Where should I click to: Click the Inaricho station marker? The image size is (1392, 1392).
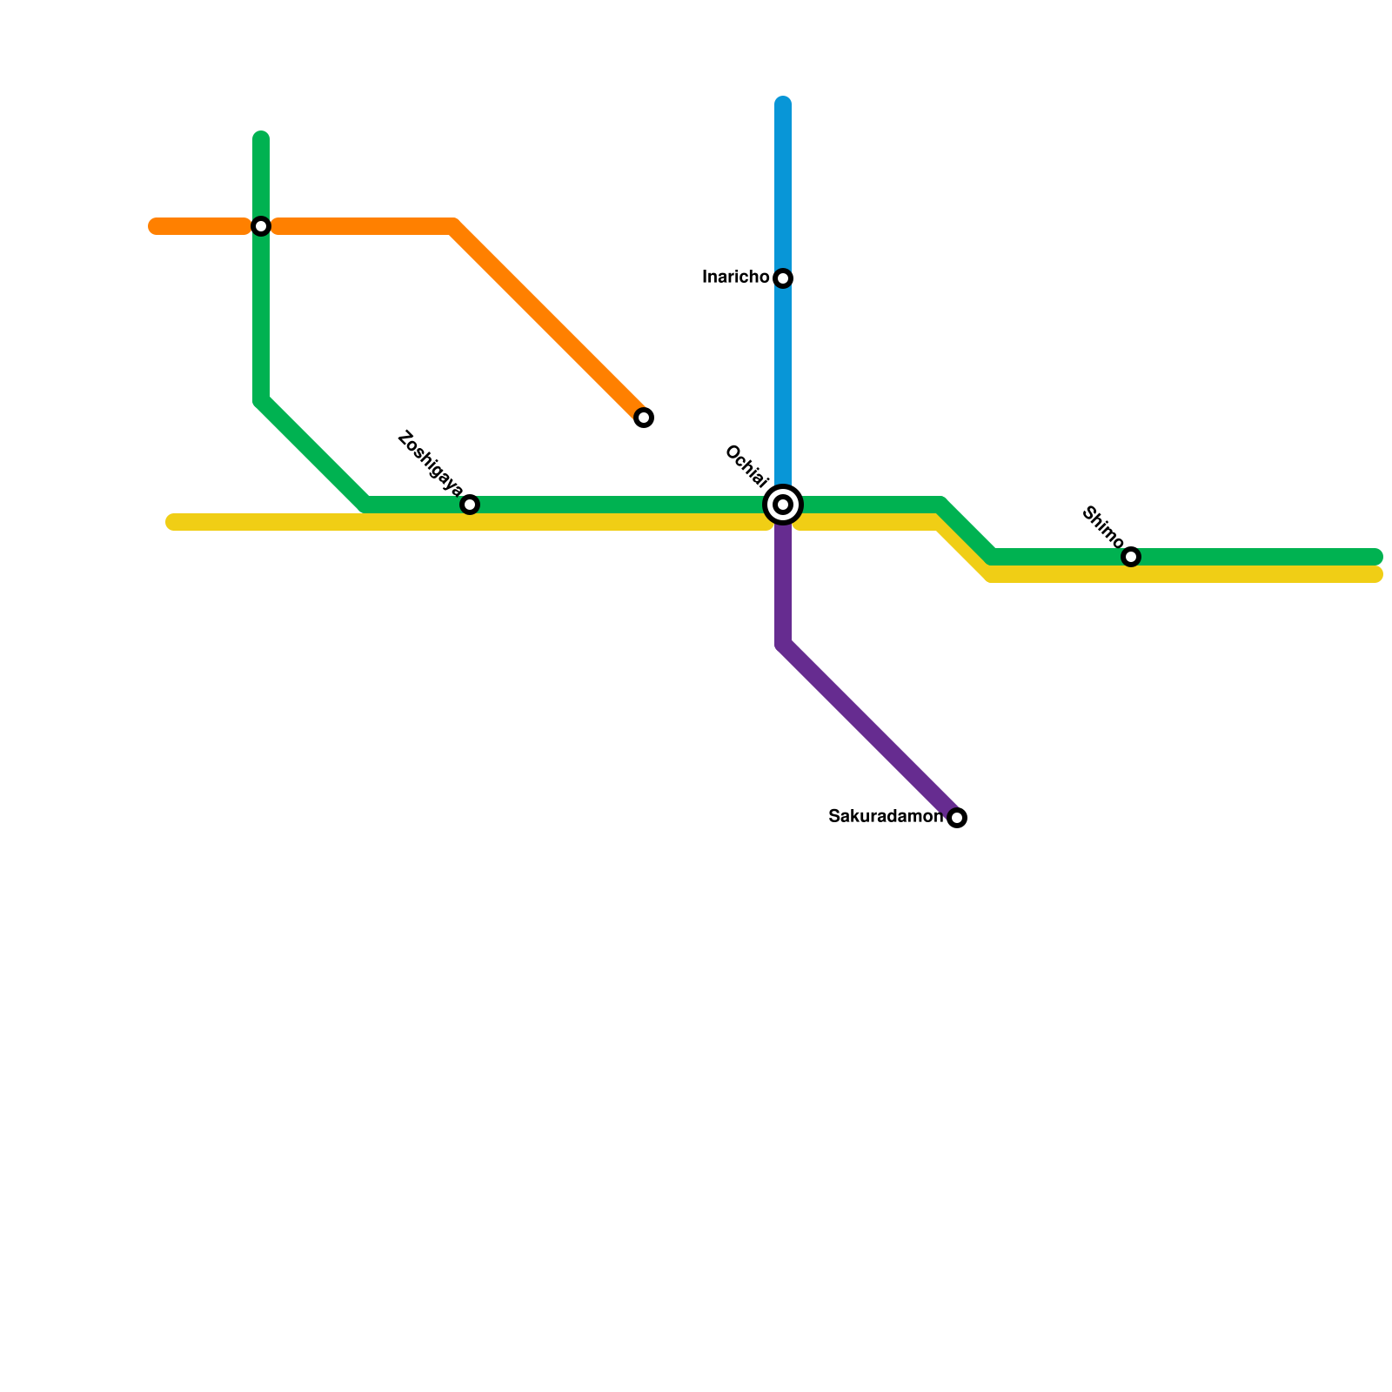coord(783,278)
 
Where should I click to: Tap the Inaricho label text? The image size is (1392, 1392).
coord(735,278)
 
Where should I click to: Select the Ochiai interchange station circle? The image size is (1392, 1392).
coord(783,505)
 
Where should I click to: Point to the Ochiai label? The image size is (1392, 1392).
coord(746,466)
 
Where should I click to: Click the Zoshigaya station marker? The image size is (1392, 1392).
coord(470,505)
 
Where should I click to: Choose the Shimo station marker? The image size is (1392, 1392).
coord(1131,557)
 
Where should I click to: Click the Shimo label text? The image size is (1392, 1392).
coord(1102,526)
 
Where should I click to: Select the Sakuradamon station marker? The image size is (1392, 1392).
coord(957,818)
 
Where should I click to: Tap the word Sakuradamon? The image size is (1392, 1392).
coord(885,817)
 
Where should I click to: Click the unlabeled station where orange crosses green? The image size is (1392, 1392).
coord(261,226)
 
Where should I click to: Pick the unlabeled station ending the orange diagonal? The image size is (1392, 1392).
coord(644,418)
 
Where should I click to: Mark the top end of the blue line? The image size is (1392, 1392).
coord(783,104)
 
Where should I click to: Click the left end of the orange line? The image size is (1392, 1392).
coord(155,227)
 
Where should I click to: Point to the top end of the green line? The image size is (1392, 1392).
coord(261,137)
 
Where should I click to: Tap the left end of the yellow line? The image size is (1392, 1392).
coord(172,522)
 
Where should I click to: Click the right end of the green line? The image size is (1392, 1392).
coord(1376,557)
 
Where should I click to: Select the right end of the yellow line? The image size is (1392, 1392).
coord(1376,574)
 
